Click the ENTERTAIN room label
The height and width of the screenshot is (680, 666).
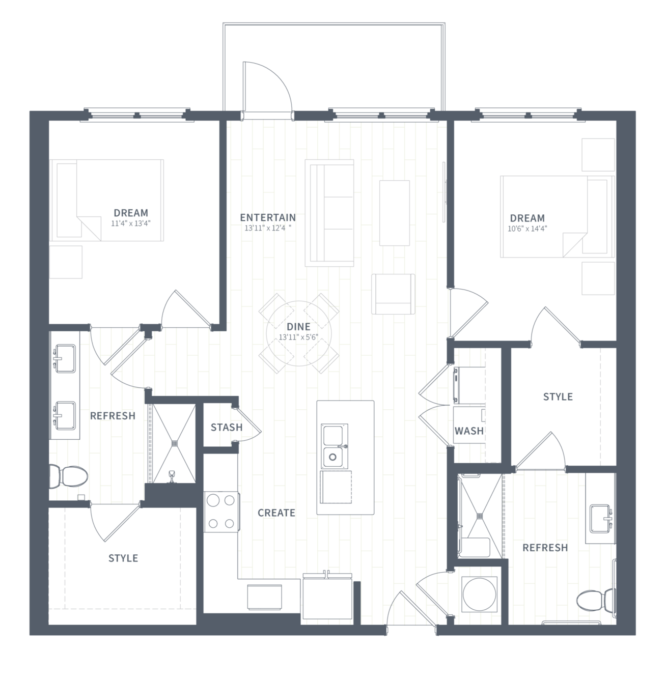268,217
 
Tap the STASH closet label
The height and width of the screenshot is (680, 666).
227,428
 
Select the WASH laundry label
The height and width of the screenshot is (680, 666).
469,431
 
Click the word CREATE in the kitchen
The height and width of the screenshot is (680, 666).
276,513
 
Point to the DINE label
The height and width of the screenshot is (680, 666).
298,327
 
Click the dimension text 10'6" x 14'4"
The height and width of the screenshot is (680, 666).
527,229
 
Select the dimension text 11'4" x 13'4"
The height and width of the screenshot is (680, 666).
131,223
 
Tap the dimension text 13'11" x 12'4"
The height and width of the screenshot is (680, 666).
268,228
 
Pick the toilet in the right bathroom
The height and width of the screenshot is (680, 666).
596,599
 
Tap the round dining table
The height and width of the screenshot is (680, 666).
299,333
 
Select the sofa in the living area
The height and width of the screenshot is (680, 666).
329,213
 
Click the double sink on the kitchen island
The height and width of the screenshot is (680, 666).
335,446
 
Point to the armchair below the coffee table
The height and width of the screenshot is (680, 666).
393,294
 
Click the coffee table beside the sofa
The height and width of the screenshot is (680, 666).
395,213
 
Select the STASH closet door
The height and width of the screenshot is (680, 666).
248,424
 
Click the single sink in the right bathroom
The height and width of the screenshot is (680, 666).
601,518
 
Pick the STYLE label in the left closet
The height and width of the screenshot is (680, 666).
123,558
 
